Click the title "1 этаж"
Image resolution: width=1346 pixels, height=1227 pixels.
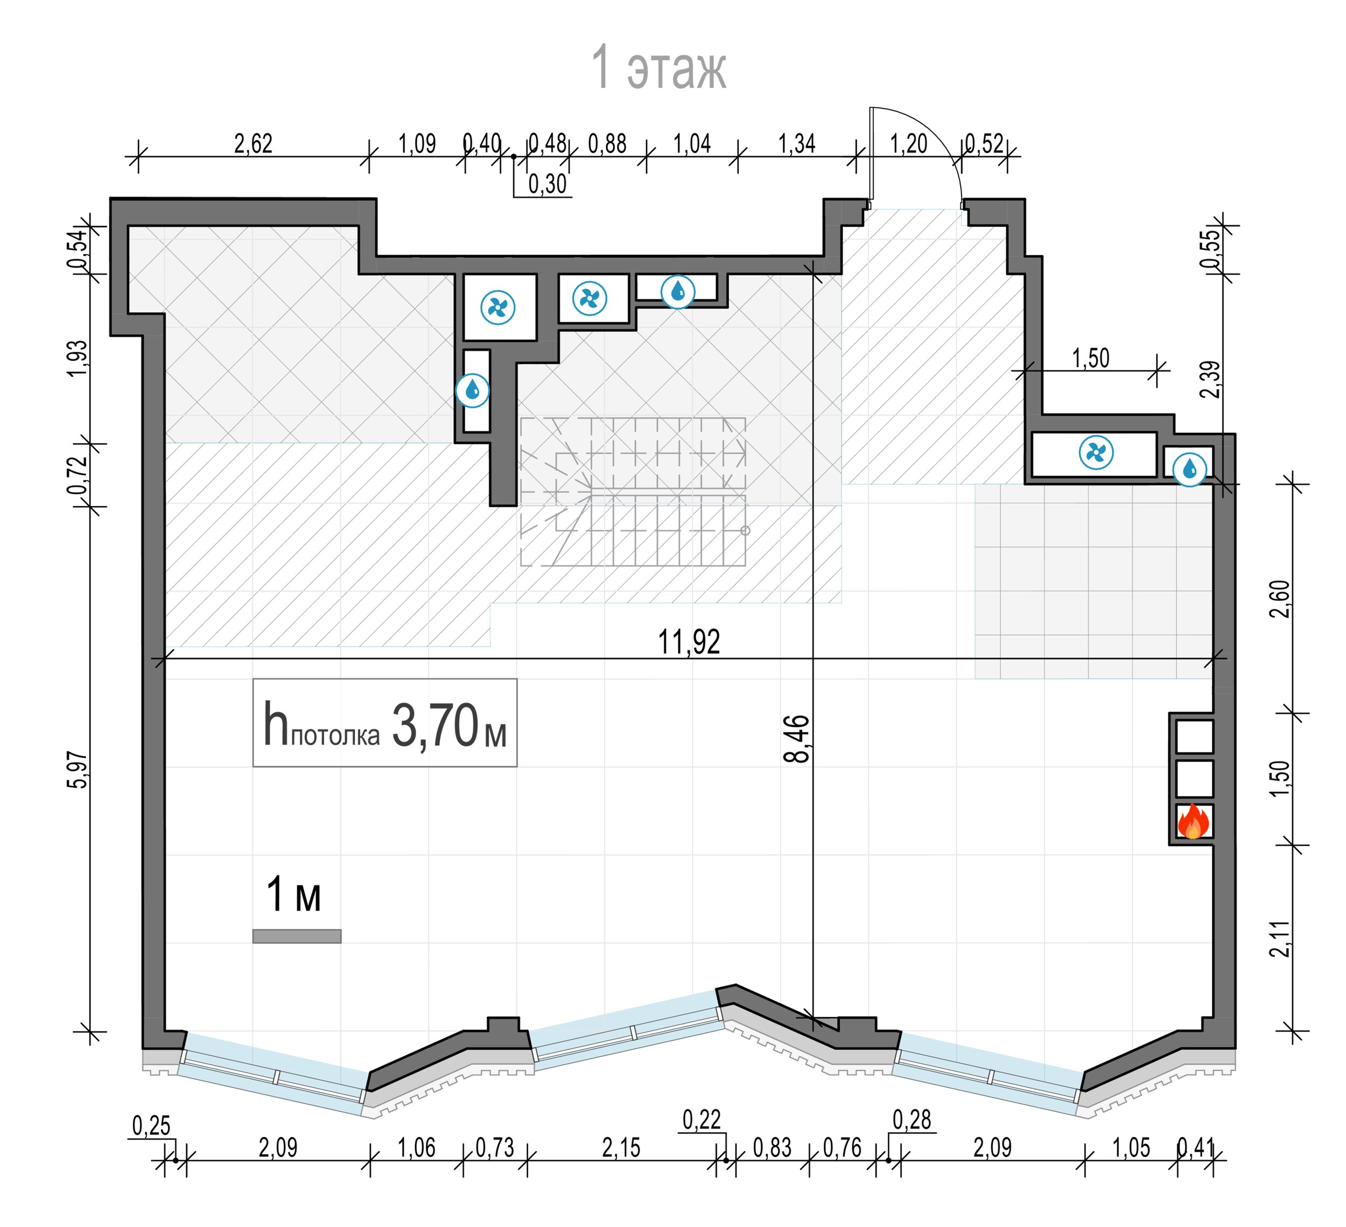point(659,67)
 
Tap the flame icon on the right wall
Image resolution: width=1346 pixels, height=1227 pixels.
point(1193,821)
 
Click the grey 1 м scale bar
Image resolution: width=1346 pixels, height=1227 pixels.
point(297,937)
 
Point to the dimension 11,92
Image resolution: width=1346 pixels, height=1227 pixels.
point(689,642)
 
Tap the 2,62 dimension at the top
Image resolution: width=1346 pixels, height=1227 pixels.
point(253,144)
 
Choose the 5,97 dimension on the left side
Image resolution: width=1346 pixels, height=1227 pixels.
point(78,770)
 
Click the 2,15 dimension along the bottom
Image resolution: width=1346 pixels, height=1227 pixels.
point(621,1148)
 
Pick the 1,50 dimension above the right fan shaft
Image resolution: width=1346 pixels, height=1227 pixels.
point(1091,359)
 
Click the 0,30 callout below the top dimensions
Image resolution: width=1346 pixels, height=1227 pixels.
point(548,184)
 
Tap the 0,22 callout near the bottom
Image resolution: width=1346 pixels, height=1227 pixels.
point(702,1119)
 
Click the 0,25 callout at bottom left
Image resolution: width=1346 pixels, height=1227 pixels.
point(151,1126)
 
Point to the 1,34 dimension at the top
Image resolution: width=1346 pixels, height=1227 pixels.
point(796,144)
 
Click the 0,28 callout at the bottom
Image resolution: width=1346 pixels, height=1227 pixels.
point(912,1119)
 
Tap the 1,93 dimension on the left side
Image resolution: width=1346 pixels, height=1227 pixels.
point(78,359)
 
